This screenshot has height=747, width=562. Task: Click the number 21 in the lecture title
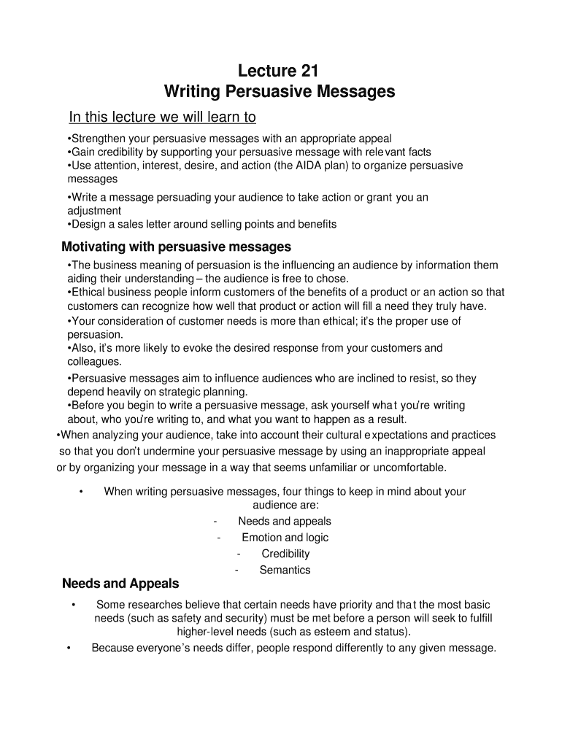point(306,71)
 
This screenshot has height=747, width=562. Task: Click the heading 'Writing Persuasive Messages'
point(280,92)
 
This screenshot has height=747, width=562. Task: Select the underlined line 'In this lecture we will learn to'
point(162,117)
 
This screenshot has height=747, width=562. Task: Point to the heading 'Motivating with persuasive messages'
point(177,246)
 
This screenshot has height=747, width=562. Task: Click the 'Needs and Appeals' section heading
point(120,584)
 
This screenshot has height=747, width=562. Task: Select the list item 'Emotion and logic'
point(285,538)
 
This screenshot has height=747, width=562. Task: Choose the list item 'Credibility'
point(285,554)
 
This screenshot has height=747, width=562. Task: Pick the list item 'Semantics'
point(285,570)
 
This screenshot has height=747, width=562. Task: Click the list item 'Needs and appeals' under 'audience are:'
point(285,521)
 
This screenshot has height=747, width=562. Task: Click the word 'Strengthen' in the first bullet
point(97,139)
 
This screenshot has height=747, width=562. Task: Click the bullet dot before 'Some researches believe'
point(74,605)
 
